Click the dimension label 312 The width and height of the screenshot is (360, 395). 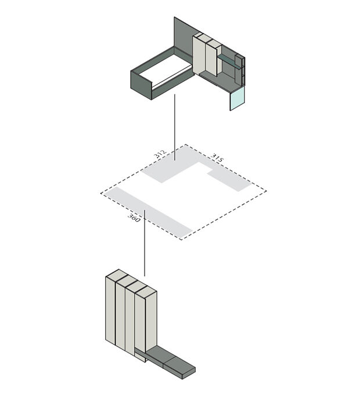[x=160, y=153]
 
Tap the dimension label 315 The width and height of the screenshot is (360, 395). [x=217, y=158]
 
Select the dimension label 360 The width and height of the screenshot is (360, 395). [x=134, y=218]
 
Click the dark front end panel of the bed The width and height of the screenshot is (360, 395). [x=141, y=85]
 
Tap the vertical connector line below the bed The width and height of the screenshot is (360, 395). [x=175, y=128]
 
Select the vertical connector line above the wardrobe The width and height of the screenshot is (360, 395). [x=145, y=243]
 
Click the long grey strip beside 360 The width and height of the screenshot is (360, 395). [x=148, y=213]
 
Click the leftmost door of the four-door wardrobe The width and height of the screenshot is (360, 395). [x=110, y=310]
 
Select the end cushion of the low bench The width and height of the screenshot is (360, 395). [x=179, y=367]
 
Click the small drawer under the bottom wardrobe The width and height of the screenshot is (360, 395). [x=140, y=357]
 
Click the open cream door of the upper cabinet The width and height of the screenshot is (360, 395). [x=199, y=55]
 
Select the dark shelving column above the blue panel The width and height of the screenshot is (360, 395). [x=240, y=70]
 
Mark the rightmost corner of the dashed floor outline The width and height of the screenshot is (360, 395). [x=266, y=191]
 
